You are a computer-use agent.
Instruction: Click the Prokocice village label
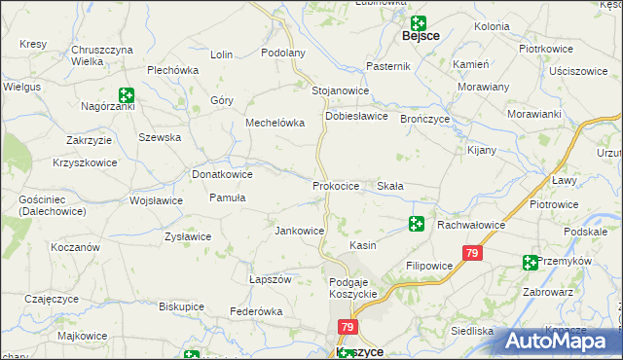[x=336, y=185]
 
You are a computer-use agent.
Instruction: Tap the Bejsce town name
[x=421, y=36]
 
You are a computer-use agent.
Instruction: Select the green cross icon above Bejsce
[x=418, y=22]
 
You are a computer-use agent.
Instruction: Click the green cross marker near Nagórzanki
[x=126, y=94]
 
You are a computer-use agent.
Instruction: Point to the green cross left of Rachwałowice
[x=417, y=225]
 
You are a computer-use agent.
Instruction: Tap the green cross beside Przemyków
[x=530, y=262]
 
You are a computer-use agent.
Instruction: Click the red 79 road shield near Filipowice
[x=472, y=254]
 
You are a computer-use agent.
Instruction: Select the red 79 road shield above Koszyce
[x=348, y=328]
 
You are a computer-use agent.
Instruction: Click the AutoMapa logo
[x=565, y=341]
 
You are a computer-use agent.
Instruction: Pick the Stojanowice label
[x=340, y=90]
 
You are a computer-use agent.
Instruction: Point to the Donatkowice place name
[x=222, y=174]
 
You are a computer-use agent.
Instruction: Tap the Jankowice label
[x=300, y=231]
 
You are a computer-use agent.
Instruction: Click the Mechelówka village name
[x=275, y=123]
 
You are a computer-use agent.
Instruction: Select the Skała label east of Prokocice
[x=390, y=185]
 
